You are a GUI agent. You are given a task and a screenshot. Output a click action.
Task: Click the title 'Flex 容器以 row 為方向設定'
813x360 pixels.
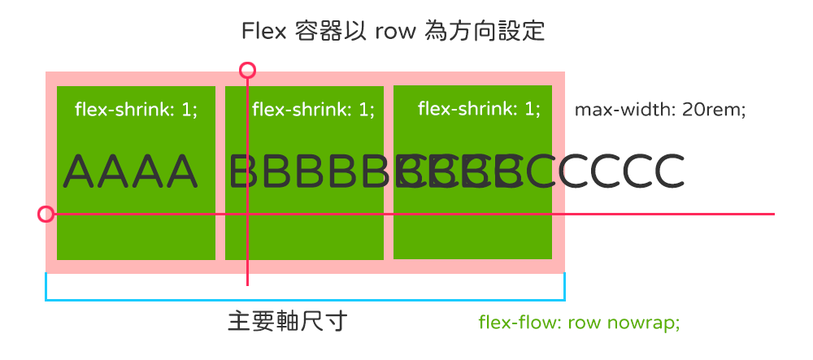(x=393, y=32)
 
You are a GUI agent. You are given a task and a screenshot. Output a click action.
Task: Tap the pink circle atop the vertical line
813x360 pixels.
(x=248, y=70)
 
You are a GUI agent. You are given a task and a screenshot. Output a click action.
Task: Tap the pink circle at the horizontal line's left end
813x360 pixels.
(x=46, y=215)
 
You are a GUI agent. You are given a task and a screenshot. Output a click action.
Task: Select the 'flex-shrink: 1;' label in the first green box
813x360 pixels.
(x=136, y=109)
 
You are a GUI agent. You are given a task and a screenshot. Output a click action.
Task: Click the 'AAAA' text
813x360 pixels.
(x=130, y=171)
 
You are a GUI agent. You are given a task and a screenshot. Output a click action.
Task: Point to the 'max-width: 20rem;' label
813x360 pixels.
(x=660, y=109)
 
